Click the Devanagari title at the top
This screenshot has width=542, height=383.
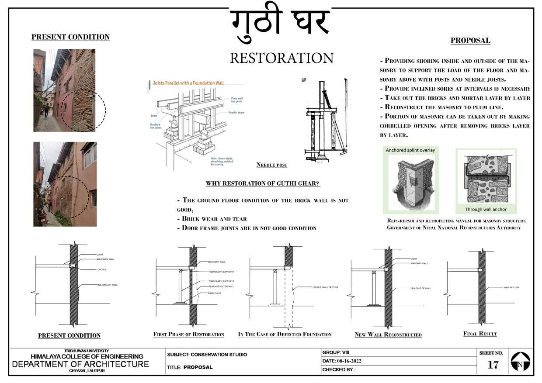point(280,24)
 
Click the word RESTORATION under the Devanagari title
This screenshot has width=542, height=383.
point(281,58)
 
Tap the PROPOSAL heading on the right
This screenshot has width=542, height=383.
point(470,41)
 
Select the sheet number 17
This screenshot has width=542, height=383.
point(493,365)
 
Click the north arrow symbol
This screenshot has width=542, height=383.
point(520,362)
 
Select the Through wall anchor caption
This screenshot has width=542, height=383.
point(486,209)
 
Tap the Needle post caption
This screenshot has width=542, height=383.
point(272,165)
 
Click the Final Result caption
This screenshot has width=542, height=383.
point(480,334)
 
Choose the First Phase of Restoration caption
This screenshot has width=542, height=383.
point(188,335)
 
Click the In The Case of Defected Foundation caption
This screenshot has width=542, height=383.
point(285,335)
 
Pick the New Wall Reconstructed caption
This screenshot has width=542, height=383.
point(388,335)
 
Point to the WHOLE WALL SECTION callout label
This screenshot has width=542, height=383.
point(325,287)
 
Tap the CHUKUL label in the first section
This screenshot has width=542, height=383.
point(102,269)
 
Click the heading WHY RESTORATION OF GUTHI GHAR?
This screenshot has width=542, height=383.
point(263,183)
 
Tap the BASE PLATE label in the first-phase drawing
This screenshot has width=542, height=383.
point(215,293)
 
